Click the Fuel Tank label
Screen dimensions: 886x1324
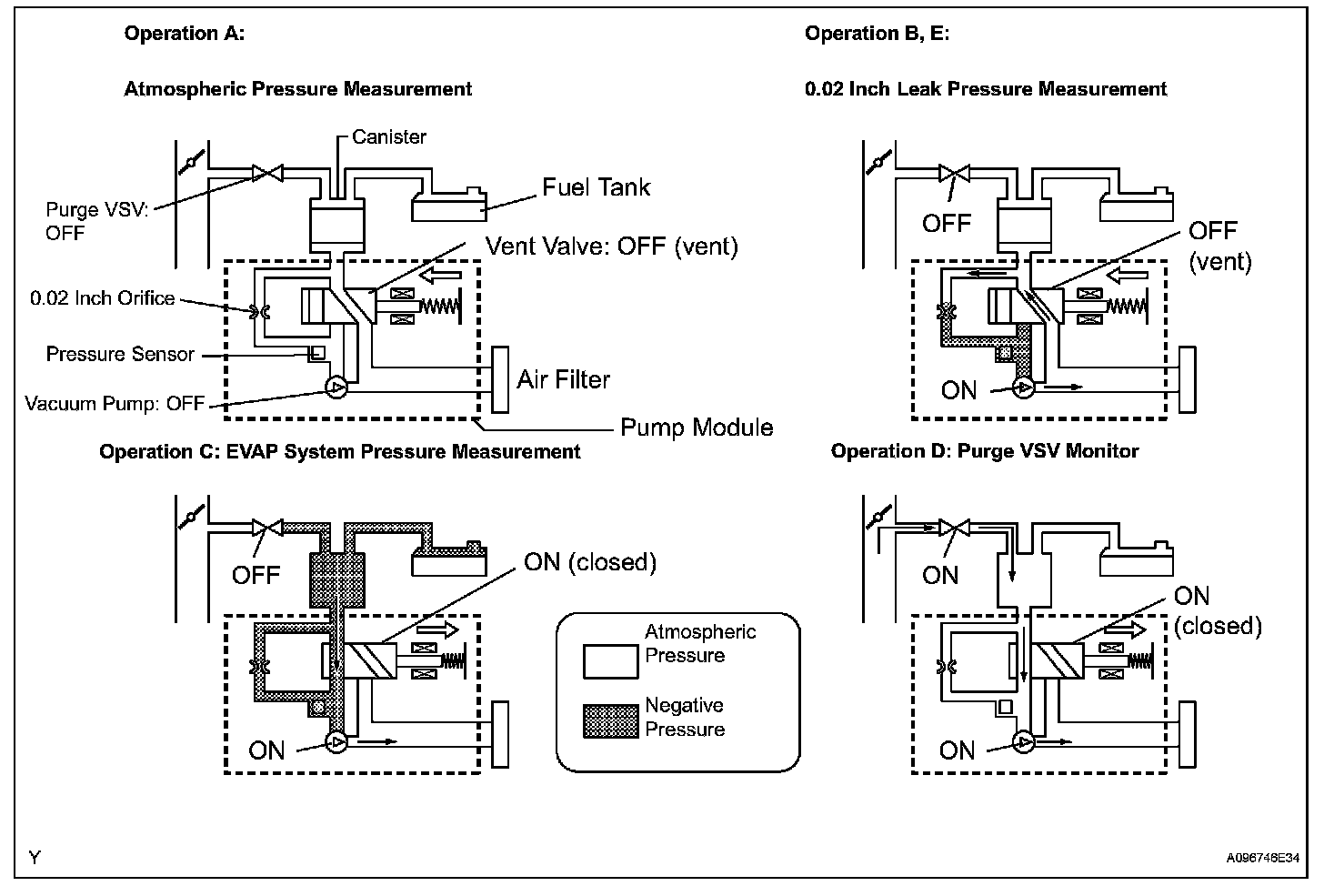(x=597, y=187)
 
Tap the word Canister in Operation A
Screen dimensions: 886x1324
(x=389, y=137)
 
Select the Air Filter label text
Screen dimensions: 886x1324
(x=564, y=379)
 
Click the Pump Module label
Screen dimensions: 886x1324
(x=697, y=428)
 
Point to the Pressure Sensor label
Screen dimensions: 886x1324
(x=120, y=354)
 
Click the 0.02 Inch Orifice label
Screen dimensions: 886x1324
(x=102, y=298)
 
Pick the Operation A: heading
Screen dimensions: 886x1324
(x=184, y=34)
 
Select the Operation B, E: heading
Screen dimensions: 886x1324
(x=877, y=34)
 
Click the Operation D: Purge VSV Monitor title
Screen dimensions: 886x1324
(x=985, y=451)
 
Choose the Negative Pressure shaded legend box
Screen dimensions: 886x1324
(x=610, y=720)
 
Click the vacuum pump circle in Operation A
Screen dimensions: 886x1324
(x=336, y=388)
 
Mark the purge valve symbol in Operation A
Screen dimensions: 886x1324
(x=266, y=172)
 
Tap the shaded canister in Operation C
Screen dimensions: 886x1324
(x=336, y=579)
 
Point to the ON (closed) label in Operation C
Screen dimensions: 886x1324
(x=589, y=562)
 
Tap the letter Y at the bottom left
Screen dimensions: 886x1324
(x=34, y=857)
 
